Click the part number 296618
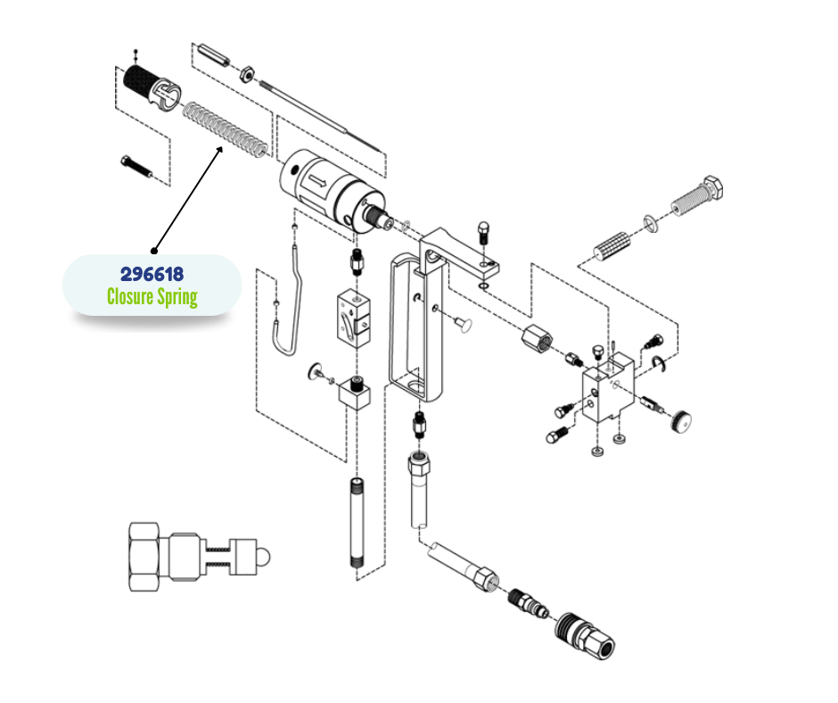click(x=152, y=274)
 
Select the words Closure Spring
click(x=152, y=296)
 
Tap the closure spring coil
click(x=225, y=131)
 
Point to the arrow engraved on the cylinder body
click(x=316, y=181)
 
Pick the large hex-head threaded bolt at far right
click(x=697, y=195)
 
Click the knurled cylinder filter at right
click(x=612, y=246)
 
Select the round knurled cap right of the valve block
click(x=680, y=420)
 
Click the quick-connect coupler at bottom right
click(x=585, y=636)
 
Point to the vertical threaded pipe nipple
click(x=357, y=522)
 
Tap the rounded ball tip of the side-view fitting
click(x=264, y=557)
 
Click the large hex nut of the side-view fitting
click(x=144, y=557)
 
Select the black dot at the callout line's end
click(x=154, y=251)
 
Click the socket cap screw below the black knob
click(x=136, y=167)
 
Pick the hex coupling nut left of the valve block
click(x=537, y=340)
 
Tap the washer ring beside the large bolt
click(x=651, y=224)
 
